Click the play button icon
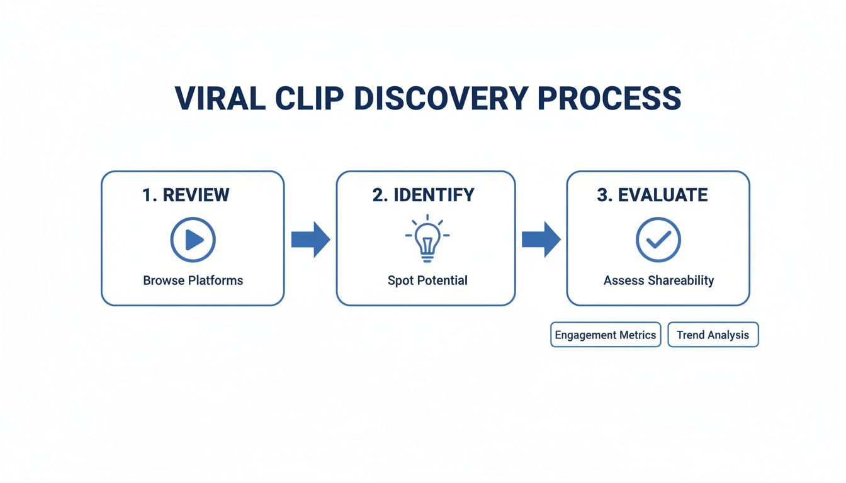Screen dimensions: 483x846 coord(193,240)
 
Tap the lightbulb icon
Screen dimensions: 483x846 coord(427,238)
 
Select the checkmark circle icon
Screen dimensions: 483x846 coord(658,240)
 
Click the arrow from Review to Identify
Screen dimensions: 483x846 coord(310,240)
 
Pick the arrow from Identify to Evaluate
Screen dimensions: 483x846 coord(541,240)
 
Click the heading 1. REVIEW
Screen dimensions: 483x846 coord(186,195)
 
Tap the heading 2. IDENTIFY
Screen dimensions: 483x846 coord(424,195)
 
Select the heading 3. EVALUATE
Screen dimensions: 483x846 coord(652,195)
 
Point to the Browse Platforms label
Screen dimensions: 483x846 coord(193,280)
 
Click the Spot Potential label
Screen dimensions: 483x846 coord(427,280)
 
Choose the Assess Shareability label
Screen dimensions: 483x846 coord(658,280)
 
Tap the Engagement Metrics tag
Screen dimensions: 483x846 coord(606,335)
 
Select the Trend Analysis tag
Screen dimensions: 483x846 coord(713,335)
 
